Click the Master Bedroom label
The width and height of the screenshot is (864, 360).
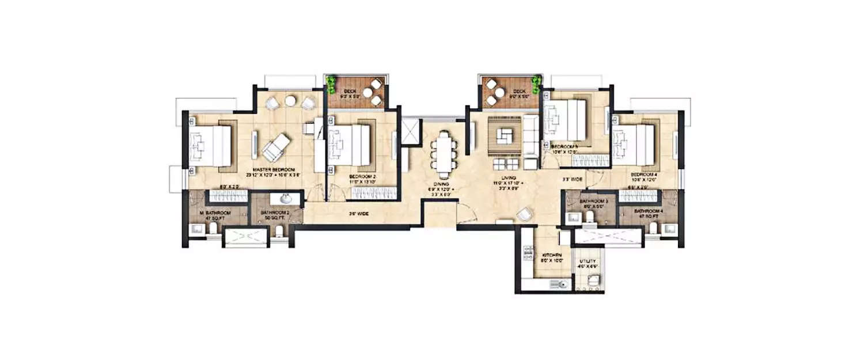coord(273,168)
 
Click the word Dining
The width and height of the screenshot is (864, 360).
coord(442,184)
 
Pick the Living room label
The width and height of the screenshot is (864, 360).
coord(507,179)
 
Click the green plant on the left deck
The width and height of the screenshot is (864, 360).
coord(331,84)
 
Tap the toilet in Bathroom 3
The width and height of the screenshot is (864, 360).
coord(588,217)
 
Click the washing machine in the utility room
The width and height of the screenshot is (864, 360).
coord(593,282)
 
